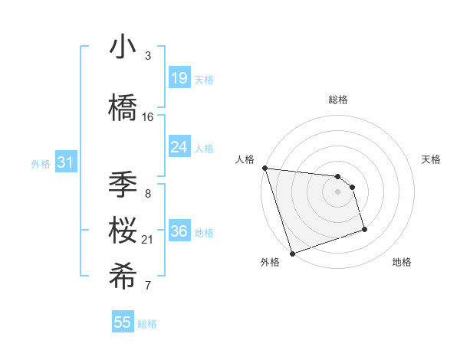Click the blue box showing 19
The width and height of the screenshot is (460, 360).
(179, 78)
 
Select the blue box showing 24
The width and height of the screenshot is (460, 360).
(179, 147)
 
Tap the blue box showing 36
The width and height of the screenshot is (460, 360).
(179, 231)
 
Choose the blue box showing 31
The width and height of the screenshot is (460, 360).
(65, 162)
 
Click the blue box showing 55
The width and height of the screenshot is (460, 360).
(123, 322)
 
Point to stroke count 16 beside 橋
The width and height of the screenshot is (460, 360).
(148, 116)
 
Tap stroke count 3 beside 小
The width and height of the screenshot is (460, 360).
(148, 55)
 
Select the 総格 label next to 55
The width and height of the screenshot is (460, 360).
(147, 324)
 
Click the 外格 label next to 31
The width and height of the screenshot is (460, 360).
(41, 163)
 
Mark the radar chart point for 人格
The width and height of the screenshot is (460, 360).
(264, 168)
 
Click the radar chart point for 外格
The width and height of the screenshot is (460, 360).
(292, 253)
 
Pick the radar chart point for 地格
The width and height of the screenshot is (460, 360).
(364, 229)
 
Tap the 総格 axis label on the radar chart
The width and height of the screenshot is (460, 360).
(337, 100)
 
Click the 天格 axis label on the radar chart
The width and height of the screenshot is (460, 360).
(432, 159)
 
